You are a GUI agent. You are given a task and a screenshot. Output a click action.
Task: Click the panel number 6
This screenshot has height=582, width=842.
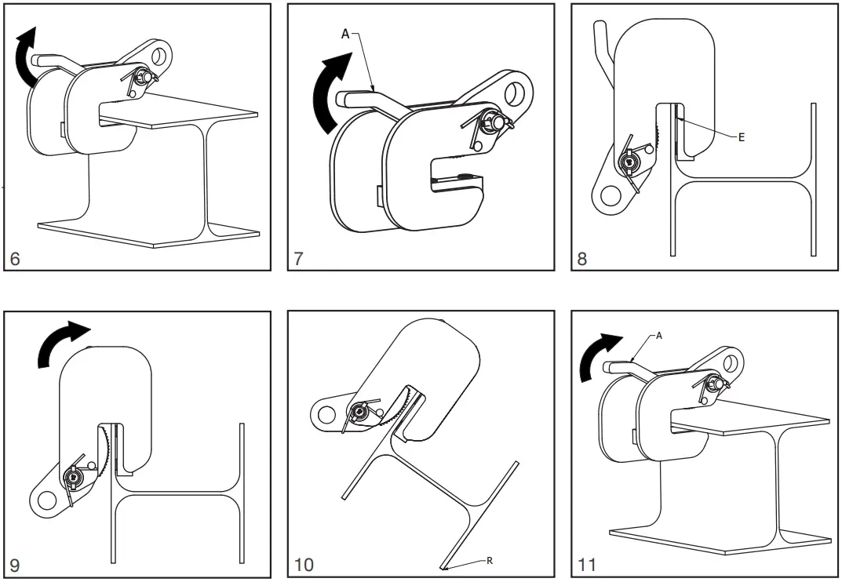(x=16, y=258)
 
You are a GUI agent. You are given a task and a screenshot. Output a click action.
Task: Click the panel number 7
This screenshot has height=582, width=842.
(x=299, y=258)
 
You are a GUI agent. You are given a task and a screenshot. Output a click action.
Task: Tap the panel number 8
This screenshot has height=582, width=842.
(x=582, y=258)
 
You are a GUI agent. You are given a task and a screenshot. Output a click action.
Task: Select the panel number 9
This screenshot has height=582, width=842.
(x=16, y=563)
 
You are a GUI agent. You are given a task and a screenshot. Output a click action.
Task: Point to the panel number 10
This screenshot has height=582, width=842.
(x=304, y=564)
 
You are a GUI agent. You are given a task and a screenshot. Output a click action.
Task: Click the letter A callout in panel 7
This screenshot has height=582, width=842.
(x=346, y=34)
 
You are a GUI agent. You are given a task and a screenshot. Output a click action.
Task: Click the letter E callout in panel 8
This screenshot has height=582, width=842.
(x=741, y=136)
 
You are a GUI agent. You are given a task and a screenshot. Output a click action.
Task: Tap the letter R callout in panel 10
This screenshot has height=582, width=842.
(x=490, y=560)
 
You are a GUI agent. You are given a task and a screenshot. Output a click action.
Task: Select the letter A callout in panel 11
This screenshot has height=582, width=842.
(x=659, y=335)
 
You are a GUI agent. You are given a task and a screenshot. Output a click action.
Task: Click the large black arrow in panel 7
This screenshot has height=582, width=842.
(x=324, y=94)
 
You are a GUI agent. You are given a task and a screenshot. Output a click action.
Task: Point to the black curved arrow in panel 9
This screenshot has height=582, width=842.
(x=63, y=341)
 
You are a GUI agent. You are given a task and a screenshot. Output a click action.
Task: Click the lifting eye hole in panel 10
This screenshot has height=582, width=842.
(x=325, y=413)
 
